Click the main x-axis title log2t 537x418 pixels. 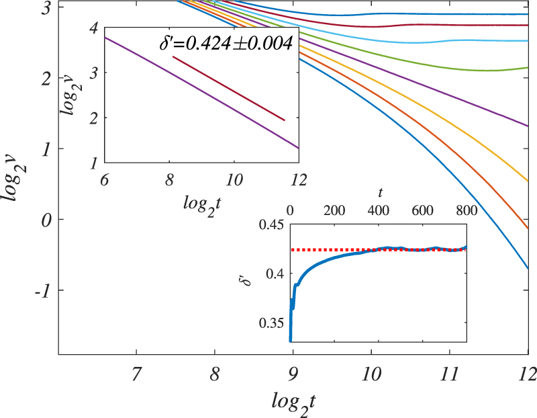point(293,401)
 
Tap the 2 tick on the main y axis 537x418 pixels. point(46,79)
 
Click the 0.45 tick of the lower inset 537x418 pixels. point(271,224)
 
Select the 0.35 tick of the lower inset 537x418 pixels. point(271,323)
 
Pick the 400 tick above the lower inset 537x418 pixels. point(379,210)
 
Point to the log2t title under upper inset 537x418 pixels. point(202,201)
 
